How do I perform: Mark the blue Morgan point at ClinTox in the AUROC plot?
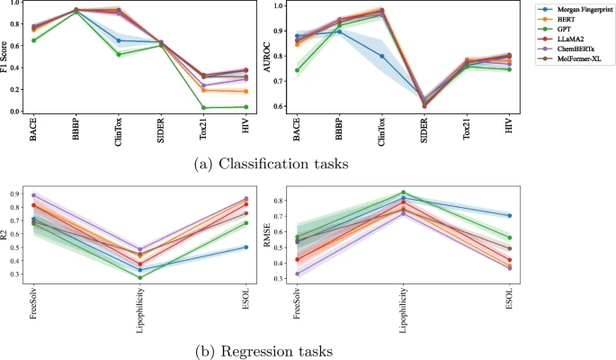[381, 56]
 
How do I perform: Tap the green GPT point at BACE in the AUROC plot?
[297, 70]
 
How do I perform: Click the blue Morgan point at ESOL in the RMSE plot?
[509, 215]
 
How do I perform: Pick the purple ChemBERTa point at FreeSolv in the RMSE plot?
[298, 274]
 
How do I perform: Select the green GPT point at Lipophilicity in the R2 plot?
[139, 277]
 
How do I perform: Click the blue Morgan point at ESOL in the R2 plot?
[246, 247]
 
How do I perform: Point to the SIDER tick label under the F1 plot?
[161, 131]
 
